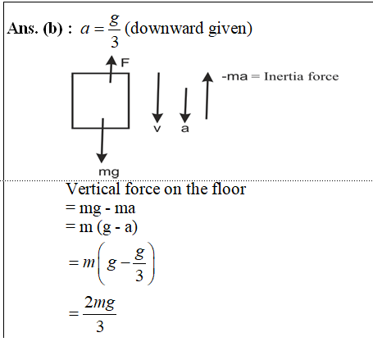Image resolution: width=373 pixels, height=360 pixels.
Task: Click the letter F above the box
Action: [x=125, y=62]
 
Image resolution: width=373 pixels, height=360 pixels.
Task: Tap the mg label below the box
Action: [x=109, y=172]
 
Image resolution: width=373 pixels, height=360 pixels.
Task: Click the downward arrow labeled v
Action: [x=158, y=98]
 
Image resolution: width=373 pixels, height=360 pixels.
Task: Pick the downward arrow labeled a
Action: [x=185, y=105]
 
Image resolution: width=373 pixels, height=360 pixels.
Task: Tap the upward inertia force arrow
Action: [x=207, y=96]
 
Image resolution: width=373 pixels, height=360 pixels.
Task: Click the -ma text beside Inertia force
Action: [x=234, y=76]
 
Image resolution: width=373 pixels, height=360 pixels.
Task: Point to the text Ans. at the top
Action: [x=22, y=29]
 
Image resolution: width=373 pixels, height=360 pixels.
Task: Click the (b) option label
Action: [x=52, y=29]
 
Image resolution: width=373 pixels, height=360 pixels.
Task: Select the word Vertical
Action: [x=93, y=189]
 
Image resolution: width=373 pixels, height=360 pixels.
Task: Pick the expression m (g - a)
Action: [x=108, y=227]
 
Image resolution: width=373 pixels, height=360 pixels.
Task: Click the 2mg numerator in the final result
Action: [x=100, y=303]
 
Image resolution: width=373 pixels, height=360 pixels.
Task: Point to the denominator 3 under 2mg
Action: [x=100, y=326]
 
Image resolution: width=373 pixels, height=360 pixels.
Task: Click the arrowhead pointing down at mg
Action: [x=102, y=158]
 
